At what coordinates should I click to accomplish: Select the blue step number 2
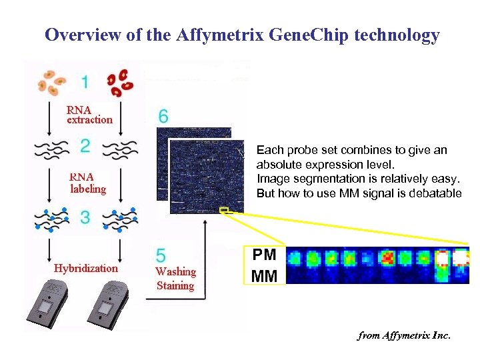click(x=85, y=146)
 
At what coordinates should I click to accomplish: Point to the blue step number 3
click(x=85, y=217)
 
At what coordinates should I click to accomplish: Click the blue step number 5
click(x=161, y=255)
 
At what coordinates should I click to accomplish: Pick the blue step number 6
click(x=163, y=116)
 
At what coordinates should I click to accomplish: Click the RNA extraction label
click(x=89, y=115)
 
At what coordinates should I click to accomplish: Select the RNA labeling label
click(x=88, y=183)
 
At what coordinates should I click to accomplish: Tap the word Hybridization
click(x=85, y=268)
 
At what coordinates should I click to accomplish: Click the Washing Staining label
click(x=175, y=279)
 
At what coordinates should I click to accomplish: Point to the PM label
click(x=265, y=255)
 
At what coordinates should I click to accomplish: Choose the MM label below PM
click(x=265, y=275)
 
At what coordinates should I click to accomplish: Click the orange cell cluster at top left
click(x=52, y=81)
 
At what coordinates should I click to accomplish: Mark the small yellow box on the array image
click(x=224, y=211)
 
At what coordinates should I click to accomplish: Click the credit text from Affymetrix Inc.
click(x=404, y=335)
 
